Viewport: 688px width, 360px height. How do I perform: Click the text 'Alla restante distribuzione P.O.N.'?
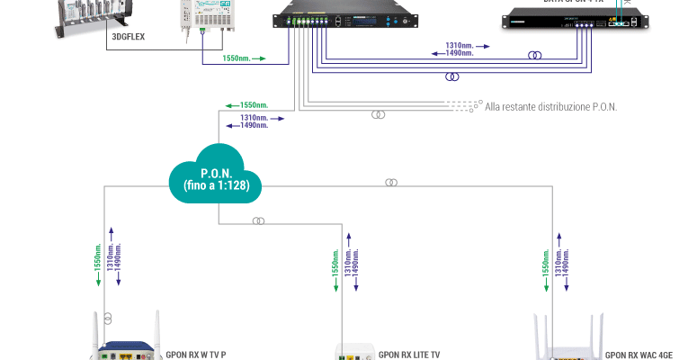click(550, 107)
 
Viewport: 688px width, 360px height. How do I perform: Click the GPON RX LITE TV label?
click(409, 355)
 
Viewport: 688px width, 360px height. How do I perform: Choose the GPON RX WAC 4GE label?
click(639, 355)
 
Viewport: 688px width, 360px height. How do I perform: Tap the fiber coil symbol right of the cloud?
click(391, 183)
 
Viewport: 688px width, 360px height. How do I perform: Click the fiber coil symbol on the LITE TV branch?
click(258, 220)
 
